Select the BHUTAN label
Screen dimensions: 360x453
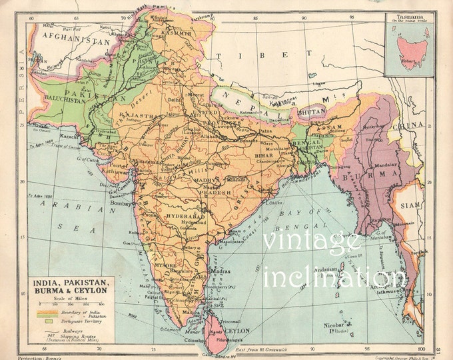point(311,113)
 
